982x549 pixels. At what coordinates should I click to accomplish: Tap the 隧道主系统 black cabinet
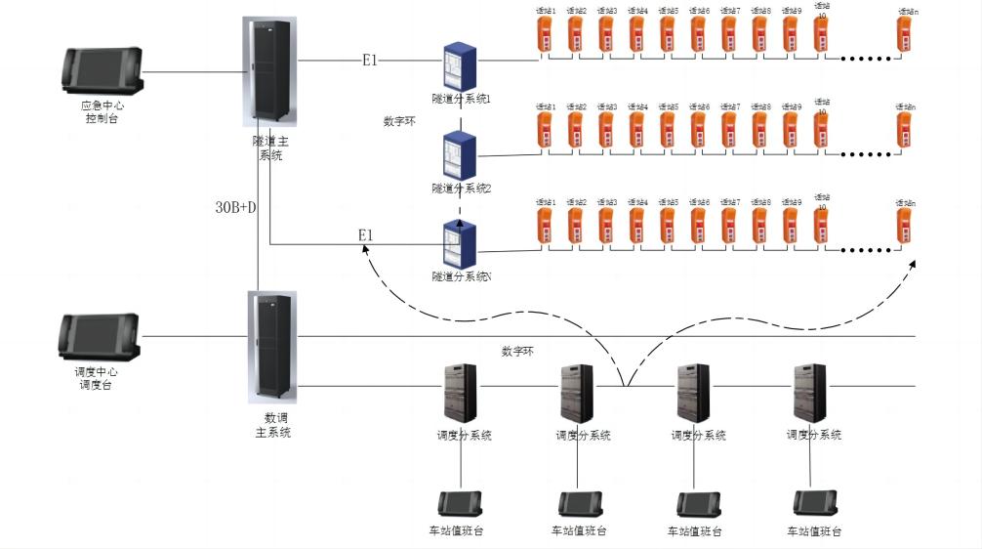(268, 72)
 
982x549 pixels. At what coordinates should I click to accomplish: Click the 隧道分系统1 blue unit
(459, 65)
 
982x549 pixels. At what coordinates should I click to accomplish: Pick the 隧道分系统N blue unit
(459, 243)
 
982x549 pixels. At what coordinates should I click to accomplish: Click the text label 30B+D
(235, 207)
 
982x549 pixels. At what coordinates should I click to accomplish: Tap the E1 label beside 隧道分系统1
(370, 61)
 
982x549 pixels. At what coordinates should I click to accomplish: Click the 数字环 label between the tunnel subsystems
(402, 122)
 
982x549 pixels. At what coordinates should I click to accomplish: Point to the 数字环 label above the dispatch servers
(517, 351)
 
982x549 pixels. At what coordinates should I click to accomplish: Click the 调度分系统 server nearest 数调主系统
(461, 393)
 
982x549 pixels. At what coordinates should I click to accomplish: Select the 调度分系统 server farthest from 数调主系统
(809, 393)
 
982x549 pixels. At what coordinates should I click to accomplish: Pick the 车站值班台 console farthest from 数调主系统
(812, 503)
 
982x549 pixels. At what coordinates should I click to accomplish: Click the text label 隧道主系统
(269, 148)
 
